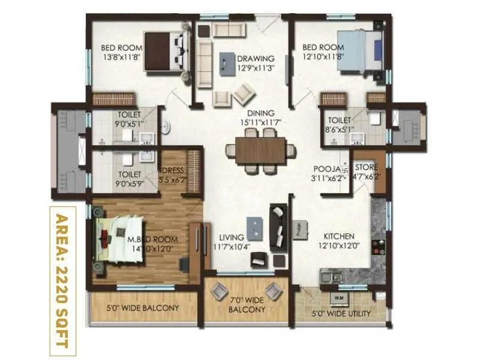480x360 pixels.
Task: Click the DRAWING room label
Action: [255, 59]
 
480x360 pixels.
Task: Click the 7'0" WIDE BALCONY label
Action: [246, 305]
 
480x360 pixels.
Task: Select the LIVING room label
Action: [230, 237]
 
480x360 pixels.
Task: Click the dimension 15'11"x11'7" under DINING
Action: [259, 123]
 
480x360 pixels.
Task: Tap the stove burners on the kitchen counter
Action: [379, 248]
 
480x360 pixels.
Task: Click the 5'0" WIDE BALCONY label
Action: [143, 308]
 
